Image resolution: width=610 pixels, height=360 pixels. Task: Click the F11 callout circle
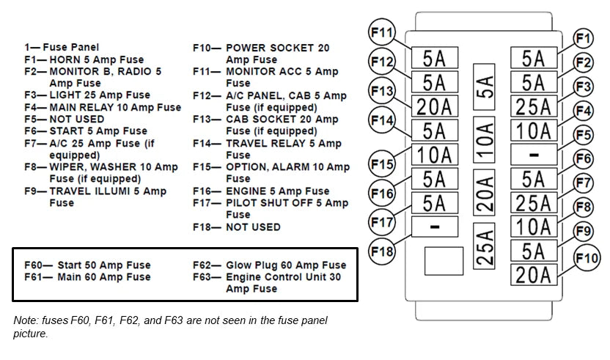pos(382,32)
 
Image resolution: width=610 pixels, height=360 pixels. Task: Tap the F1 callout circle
pos(583,39)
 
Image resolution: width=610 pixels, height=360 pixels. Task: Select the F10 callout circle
pos(587,258)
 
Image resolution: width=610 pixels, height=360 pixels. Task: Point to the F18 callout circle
pos(382,251)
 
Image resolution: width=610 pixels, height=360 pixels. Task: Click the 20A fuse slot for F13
pos(435,106)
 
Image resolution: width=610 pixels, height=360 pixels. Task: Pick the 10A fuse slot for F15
pos(435,155)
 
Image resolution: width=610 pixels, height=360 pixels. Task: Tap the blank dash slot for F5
pos(534,155)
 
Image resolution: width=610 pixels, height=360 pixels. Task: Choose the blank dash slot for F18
pos(435,227)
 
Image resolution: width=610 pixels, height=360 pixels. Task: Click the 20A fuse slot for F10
pos(534,275)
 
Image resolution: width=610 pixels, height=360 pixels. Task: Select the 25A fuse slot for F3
pos(534,106)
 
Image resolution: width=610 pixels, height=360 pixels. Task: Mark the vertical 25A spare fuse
pos(484,246)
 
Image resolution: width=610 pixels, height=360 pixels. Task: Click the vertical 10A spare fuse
pos(484,140)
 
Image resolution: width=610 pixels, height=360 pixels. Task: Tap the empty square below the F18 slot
pos(444,261)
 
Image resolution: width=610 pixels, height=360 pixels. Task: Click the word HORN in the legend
pos(65,59)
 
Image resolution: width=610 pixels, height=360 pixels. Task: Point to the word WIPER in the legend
pos(66,167)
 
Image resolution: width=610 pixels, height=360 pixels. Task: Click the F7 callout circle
pos(583,183)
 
